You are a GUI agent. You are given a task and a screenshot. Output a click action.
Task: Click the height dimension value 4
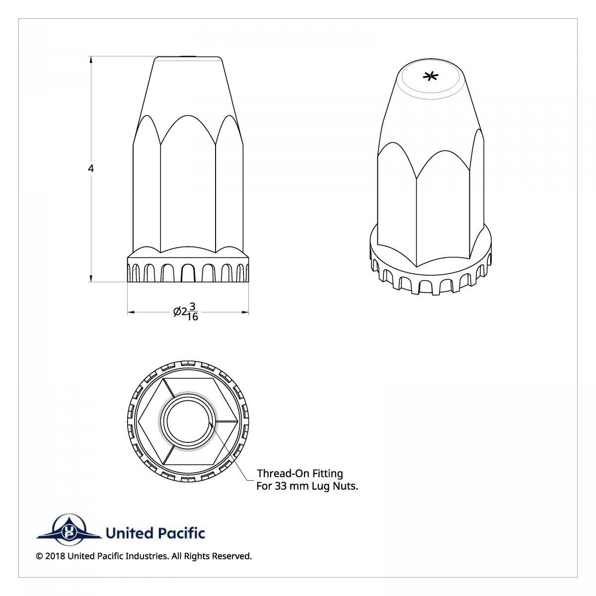coord(91,168)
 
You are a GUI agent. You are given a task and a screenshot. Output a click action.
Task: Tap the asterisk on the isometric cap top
coord(431,76)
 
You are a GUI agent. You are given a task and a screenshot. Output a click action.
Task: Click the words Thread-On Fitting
coord(299,473)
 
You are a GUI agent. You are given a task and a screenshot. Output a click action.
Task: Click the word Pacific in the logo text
coord(182,533)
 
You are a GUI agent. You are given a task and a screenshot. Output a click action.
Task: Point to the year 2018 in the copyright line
coord(55,556)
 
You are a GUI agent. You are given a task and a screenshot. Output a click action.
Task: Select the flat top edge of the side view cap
coord(188,57)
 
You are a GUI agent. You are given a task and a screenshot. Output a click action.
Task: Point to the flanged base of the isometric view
coord(431,278)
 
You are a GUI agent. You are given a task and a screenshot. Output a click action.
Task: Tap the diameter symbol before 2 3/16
coord(177,312)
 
